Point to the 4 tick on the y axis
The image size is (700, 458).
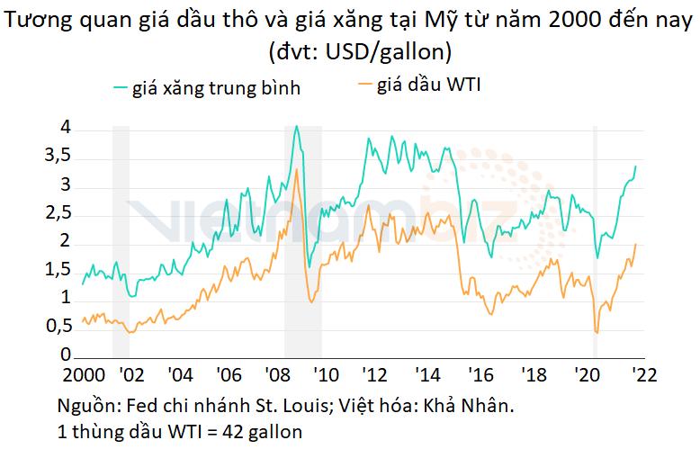coord(65,129)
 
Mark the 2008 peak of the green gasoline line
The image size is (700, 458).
coord(297,127)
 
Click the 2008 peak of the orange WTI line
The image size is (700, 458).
coord(296,169)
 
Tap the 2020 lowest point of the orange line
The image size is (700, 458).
coord(597,333)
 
